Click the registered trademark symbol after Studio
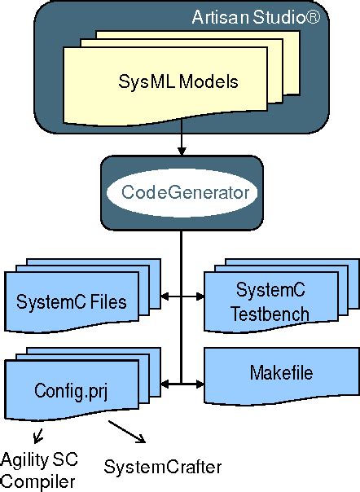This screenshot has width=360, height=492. pyautogui.click(x=319, y=16)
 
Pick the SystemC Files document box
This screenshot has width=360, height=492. pyautogui.click(x=72, y=302)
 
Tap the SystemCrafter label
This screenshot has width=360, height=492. pyautogui.click(x=163, y=467)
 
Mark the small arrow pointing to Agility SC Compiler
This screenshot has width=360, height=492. pyautogui.click(x=35, y=433)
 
